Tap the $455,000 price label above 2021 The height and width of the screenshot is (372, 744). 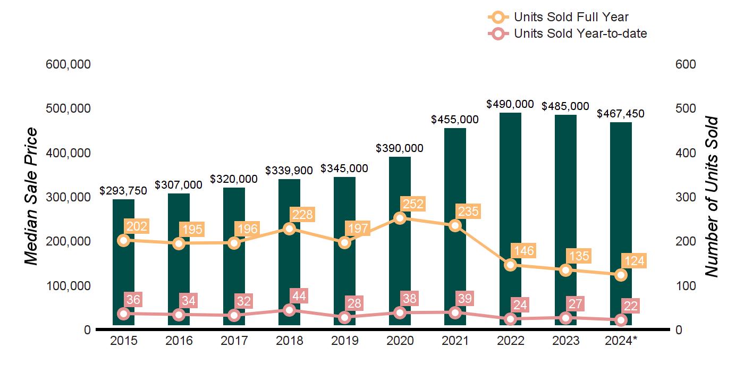tap(454, 120)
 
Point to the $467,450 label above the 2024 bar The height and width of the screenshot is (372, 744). tap(621, 114)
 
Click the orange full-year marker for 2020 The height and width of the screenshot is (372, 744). tap(400, 218)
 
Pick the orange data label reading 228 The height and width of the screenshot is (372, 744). tap(302, 215)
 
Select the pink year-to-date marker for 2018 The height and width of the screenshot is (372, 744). tap(290, 310)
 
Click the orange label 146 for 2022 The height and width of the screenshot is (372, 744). tap(522, 250)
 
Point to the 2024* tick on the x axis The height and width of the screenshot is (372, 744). tap(621, 341)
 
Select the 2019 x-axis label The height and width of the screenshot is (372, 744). tap(344, 341)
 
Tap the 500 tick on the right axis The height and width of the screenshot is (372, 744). tap(686, 108)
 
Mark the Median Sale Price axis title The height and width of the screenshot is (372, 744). tap(32, 197)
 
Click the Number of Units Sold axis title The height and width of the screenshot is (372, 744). tap(711, 197)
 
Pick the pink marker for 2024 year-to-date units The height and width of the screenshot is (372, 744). tap(621, 320)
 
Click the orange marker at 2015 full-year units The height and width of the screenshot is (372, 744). tap(124, 240)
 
